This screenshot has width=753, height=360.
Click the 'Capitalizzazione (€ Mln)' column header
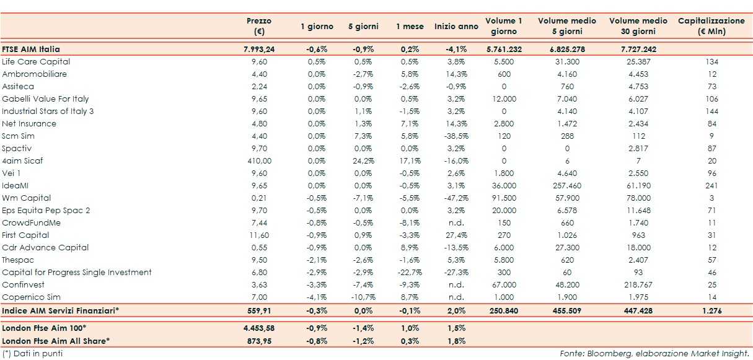click(711, 25)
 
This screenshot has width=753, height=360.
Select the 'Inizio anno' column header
click(456, 27)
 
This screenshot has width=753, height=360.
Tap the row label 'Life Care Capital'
click(36, 62)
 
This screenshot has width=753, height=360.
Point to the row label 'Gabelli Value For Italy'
click(45, 99)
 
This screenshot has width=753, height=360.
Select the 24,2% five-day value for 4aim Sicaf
click(363, 161)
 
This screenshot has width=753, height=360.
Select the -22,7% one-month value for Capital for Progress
click(410, 273)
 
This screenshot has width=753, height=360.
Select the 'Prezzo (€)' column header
click(258, 25)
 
